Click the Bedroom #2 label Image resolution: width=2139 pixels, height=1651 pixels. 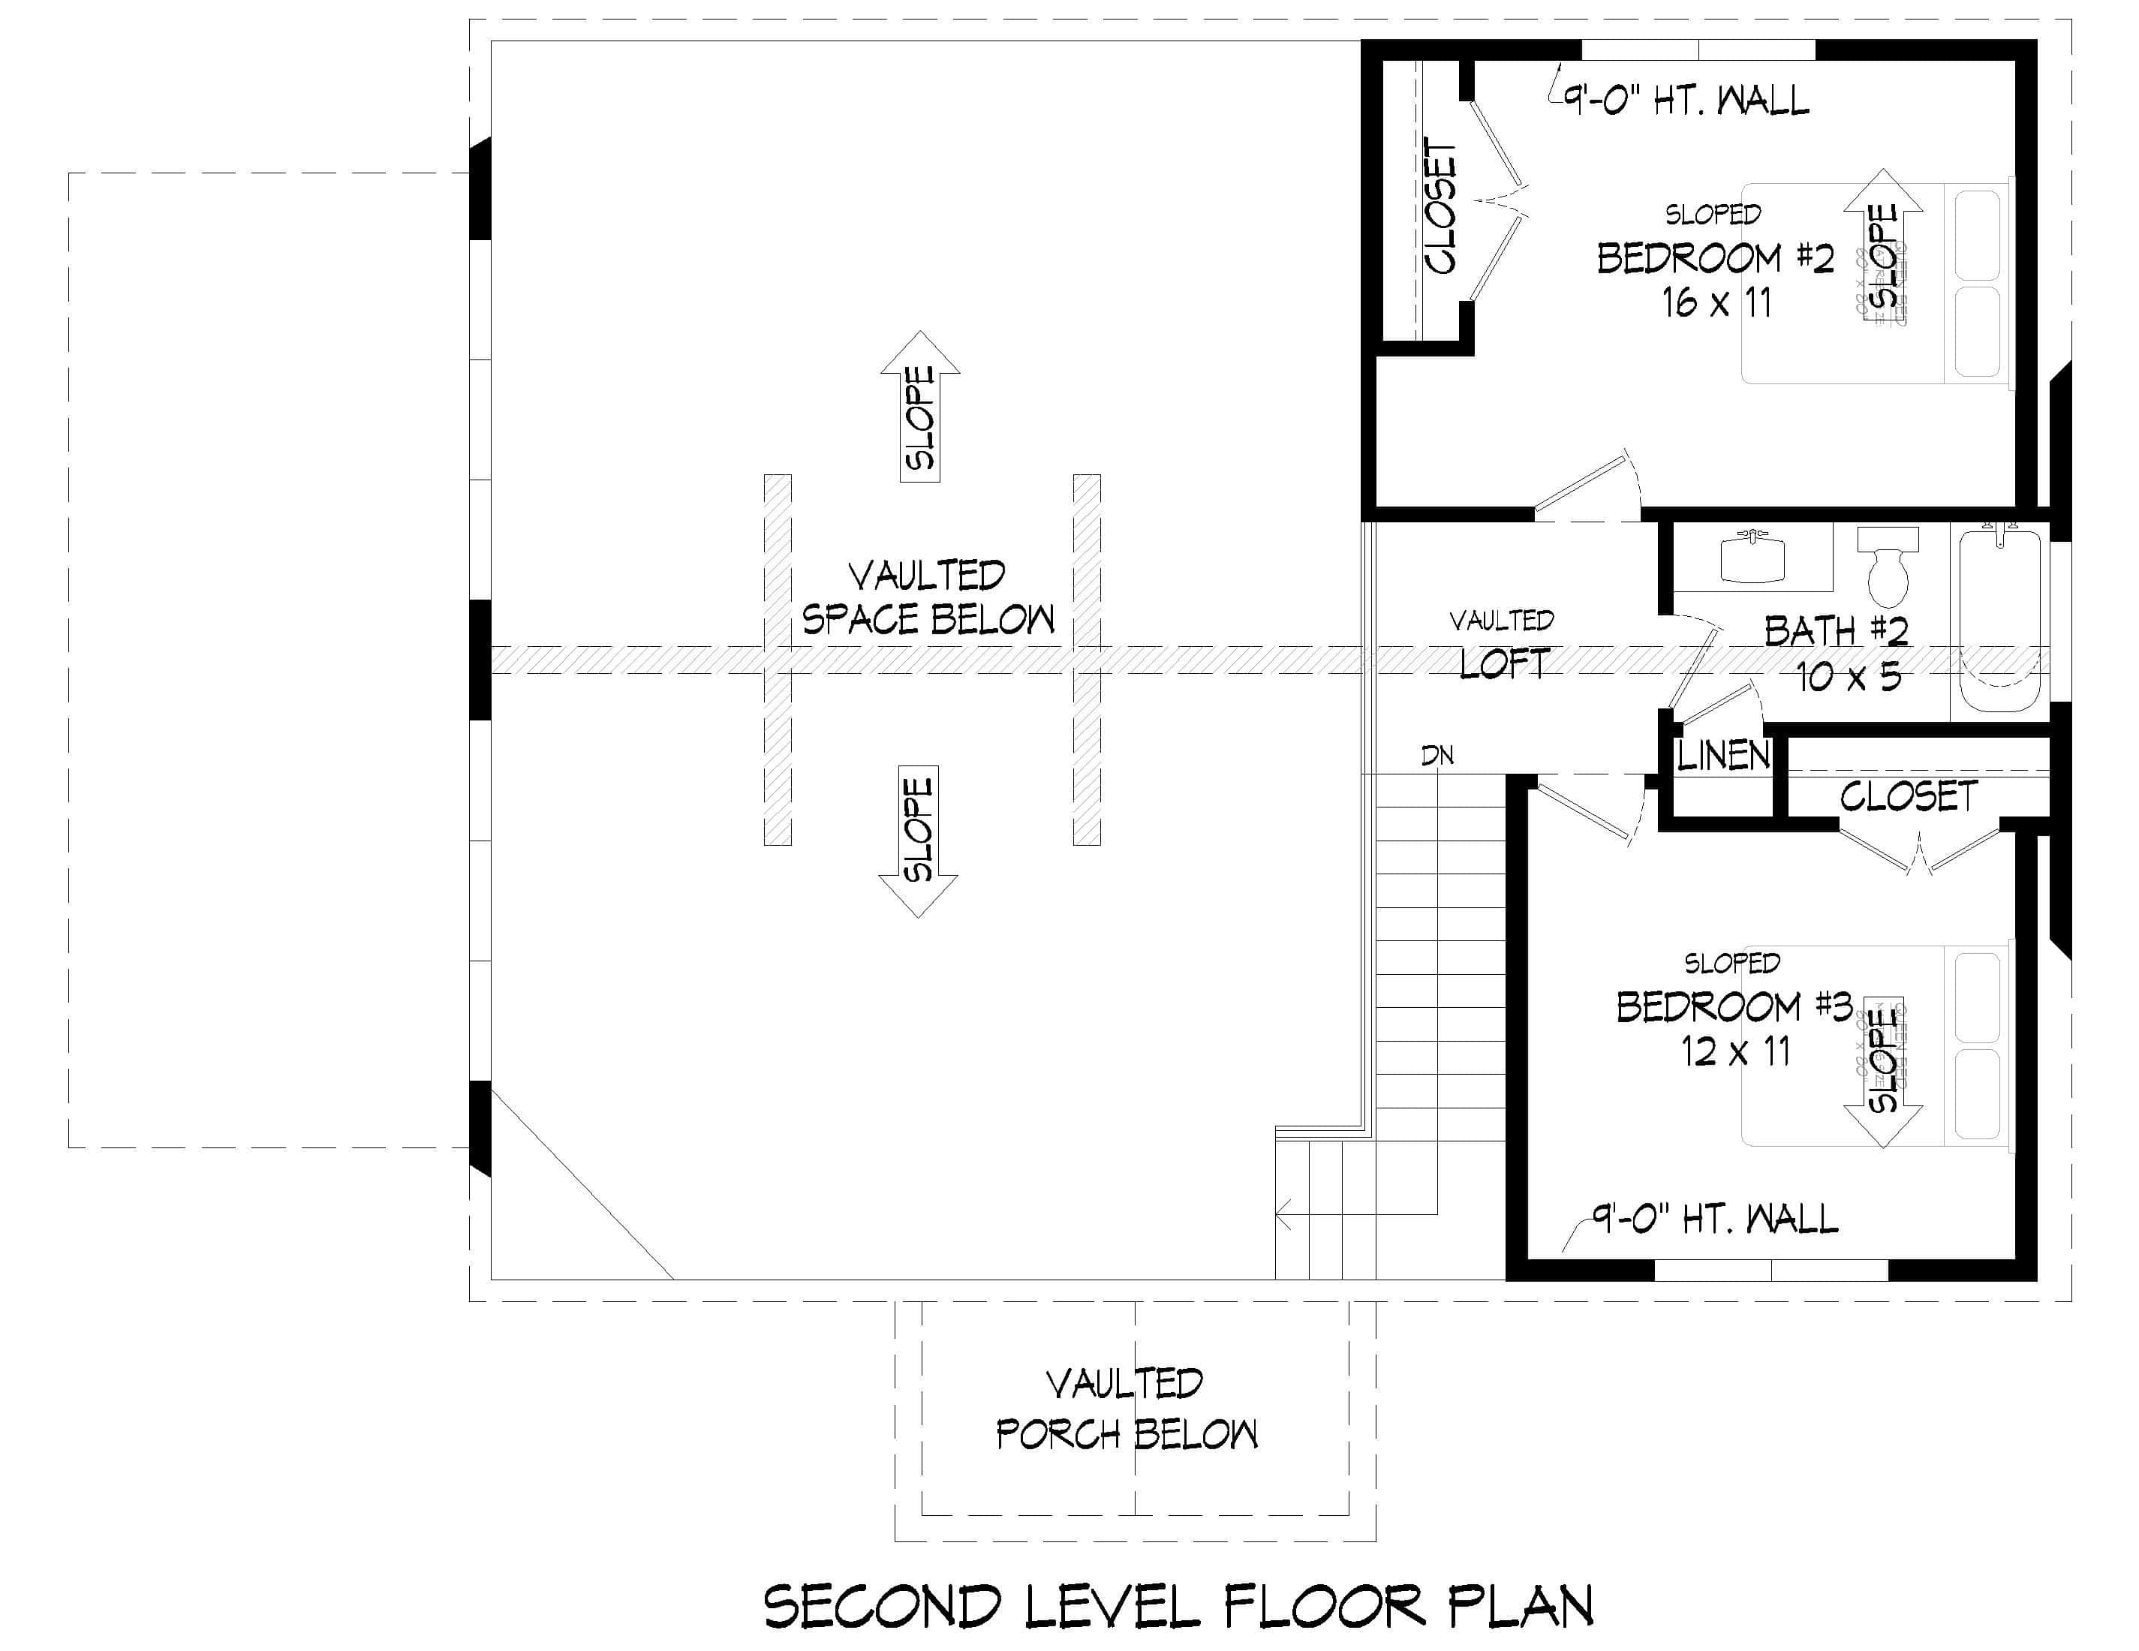click(x=1715, y=258)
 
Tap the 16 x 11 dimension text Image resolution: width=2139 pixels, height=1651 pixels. click(x=1717, y=302)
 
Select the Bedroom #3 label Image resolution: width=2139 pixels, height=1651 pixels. click(x=1734, y=1006)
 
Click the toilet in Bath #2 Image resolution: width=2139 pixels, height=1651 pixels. click(x=1888, y=568)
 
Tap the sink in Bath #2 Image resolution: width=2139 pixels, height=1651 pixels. click(x=1753, y=558)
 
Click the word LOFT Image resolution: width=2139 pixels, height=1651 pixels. click(x=1504, y=664)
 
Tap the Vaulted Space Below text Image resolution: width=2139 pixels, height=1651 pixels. click(x=928, y=597)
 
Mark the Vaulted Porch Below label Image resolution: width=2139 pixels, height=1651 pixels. click(x=1127, y=1409)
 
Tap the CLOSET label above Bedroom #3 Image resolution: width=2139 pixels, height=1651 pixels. click(x=1908, y=796)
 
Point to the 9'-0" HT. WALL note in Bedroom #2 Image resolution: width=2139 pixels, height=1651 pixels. click(x=1685, y=100)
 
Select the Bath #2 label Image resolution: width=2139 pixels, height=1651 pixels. click(x=1837, y=632)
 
